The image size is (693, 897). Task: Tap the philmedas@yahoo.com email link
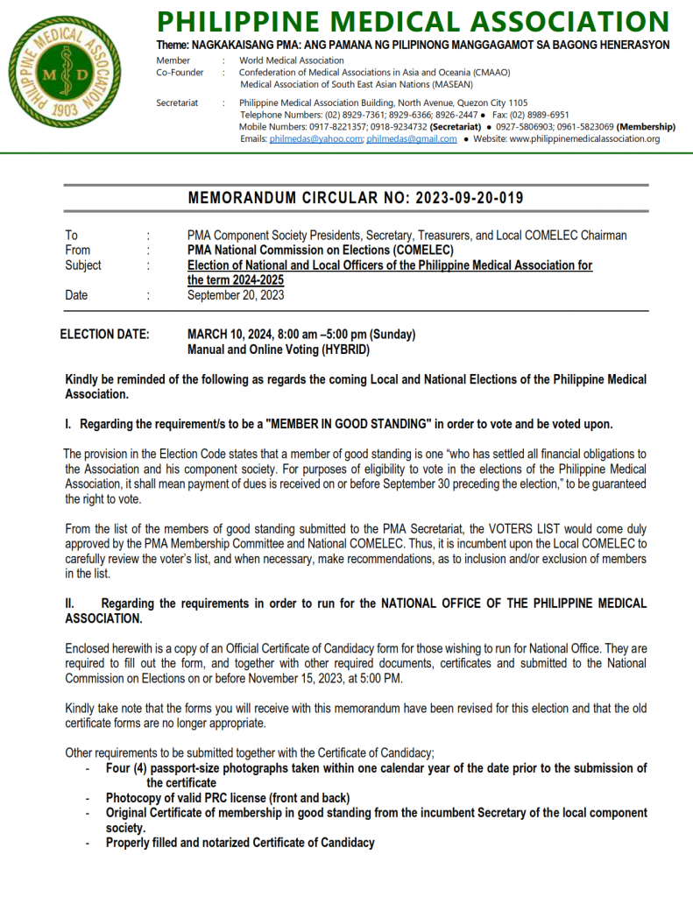tap(316, 139)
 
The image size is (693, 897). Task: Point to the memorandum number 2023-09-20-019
tap(465, 198)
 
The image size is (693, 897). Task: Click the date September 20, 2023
tap(236, 295)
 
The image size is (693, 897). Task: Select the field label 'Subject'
tap(83, 265)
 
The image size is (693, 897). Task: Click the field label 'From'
tap(78, 251)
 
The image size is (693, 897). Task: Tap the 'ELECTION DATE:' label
tap(104, 335)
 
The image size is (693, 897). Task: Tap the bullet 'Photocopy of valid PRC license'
tap(228, 798)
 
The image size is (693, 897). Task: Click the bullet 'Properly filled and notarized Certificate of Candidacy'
tap(240, 843)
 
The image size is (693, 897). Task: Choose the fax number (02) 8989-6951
tap(539, 115)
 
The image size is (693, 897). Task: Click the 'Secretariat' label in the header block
tap(177, 103)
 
